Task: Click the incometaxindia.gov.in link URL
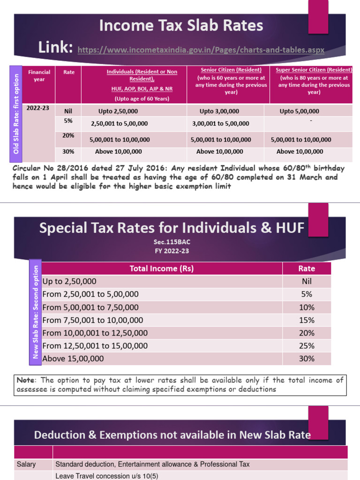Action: click(x=201, y=49)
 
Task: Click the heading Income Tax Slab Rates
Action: click(x=181, y=25)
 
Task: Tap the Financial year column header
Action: click(x=39, y=75)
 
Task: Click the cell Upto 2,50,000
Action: click(x=118, y=111)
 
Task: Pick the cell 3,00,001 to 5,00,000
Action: click(x=220, y=124)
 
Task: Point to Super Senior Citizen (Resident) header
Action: click(x=314, y=70)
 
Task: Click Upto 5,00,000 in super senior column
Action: click(x=299, y=111)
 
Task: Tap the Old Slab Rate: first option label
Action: click(x=16, y=114)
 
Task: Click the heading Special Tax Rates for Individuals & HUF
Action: click(x=172, y=228)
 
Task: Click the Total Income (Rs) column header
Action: click(x=162, y=269)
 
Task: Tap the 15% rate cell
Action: click(x=307, y=320)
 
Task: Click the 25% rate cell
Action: click(x=307, y=346)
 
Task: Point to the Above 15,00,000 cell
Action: click(x=73, y=359)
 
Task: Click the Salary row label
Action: click(x=26, y=464)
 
